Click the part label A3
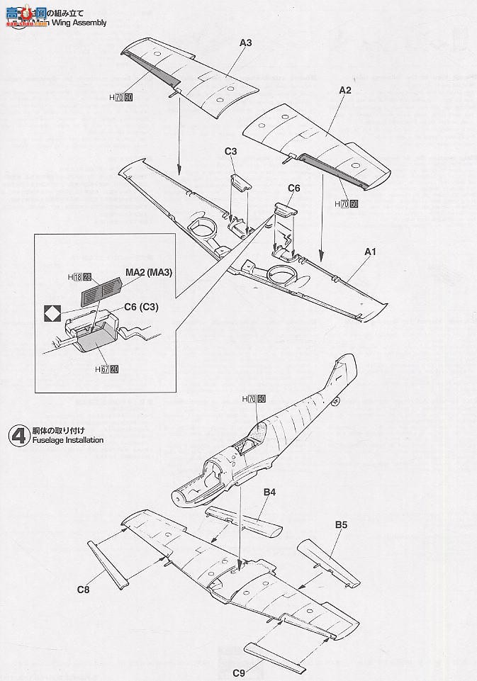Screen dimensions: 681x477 pyautogui.click(x=245, y=43)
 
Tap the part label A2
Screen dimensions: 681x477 pyautogui.click(x=345, y=90)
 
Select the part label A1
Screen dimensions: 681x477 pyautogui.click(x=370, y=252)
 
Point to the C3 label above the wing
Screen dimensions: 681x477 pyautogui.click(x=231, y=152)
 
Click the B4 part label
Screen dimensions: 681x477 pyautogui.click(x=269, y=492)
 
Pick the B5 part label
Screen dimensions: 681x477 pyautogui.click(x=342, y=526)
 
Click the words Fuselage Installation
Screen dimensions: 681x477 pyautogui.click(x=67, y=440)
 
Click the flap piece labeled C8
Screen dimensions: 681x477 pyautogui.click(x=107, y=563)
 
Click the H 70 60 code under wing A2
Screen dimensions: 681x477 pyautogui.click(x=346, y=203)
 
